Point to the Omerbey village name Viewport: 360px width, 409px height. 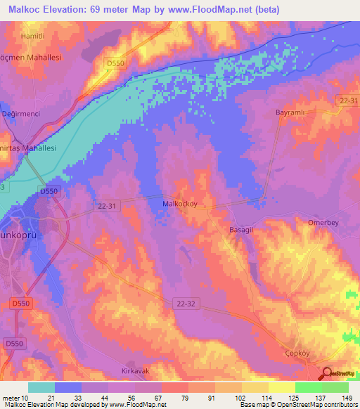point(324,223)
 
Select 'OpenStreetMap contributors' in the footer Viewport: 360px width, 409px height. point(319,405)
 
